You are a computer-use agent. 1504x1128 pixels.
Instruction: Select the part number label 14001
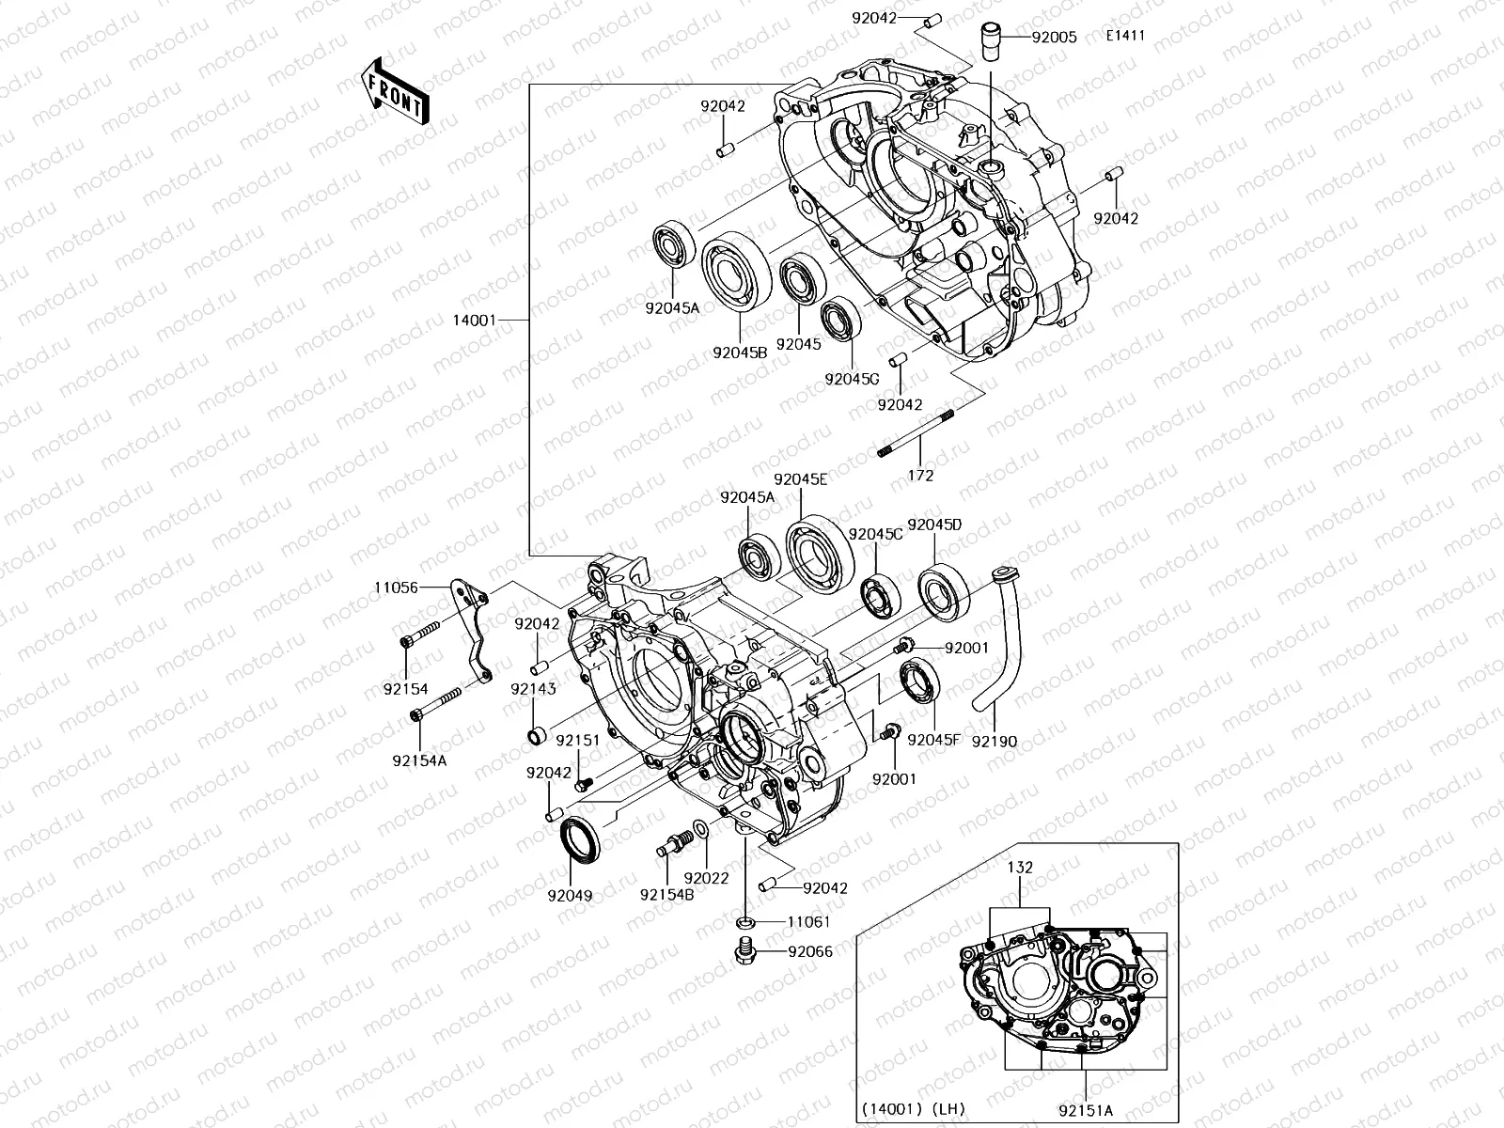[x=474, y=321]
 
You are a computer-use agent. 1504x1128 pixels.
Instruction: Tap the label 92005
[x=1055, y=39]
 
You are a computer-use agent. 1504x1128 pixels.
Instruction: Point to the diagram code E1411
[x=1125, y=38]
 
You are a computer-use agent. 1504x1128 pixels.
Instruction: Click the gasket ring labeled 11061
[x=745, y=922]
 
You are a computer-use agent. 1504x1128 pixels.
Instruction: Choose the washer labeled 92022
[x=699, y=831]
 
